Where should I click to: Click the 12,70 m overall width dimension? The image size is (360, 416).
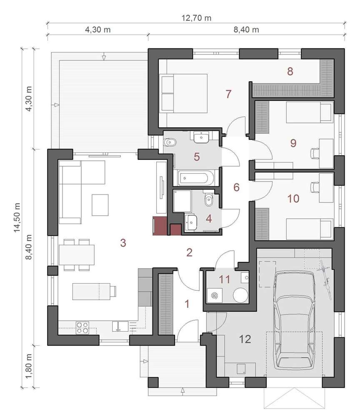coord(197,18)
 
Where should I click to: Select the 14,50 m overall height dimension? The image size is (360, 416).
coord(17,217)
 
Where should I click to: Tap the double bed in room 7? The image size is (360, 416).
coord(183,93)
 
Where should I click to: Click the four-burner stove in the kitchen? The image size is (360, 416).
coord(82,327)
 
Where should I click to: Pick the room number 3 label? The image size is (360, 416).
coord(123,243)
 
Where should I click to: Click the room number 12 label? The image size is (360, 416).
coord(245,339)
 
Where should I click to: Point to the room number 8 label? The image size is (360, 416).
coord(290,71)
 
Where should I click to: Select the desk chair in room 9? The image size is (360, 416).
coord(314,154)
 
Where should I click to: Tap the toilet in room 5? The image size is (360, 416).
coord(170,143)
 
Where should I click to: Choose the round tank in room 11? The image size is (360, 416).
coord(240,295)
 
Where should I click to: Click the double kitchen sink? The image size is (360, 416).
coord(120,326)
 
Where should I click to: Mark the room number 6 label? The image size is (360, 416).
coord(236,187)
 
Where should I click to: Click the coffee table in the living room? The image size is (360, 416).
coord(100,205)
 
